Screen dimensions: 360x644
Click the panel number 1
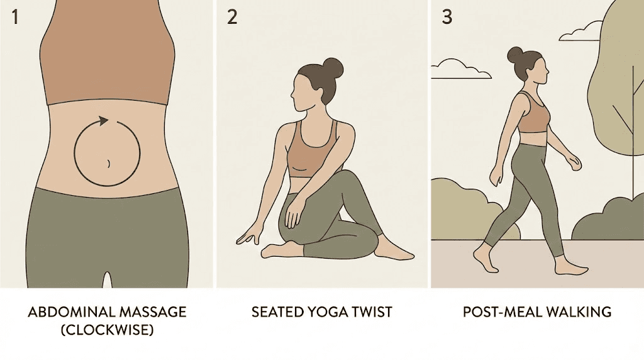(x=16, y=16)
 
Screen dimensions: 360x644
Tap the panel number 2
(x=232, y=16)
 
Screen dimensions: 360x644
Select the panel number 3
(x=447, y=16)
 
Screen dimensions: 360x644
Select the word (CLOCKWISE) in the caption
(x=108, y=330)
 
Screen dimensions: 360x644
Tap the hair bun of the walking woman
(x=515, y=55)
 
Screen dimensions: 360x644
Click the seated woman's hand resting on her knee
(x=293, y=213)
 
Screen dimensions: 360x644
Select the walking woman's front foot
(x=572, y=269)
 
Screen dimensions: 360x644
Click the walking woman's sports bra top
(x=533, y=116)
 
